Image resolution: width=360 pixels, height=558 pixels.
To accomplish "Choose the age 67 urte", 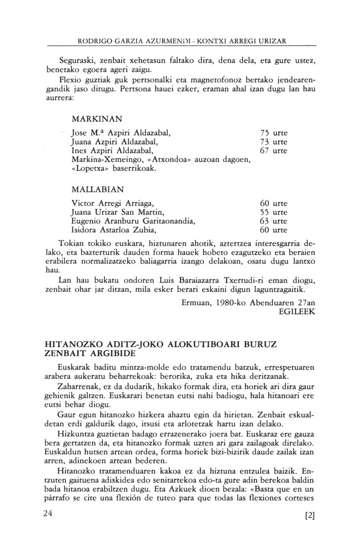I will (x=274, y=151).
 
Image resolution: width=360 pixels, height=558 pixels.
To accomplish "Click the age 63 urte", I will (x=274, y=220).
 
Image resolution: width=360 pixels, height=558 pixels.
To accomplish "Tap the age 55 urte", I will (x=274, y=211).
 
